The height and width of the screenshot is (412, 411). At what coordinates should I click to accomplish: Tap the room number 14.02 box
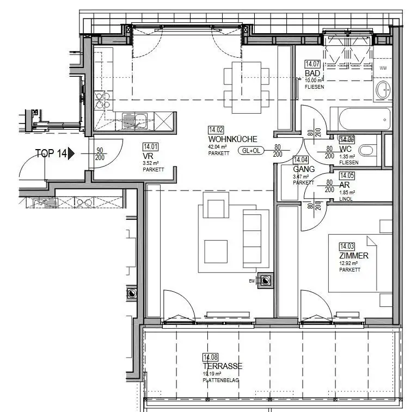point(216,130)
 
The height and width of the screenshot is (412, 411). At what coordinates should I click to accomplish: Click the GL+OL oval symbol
point(251,151)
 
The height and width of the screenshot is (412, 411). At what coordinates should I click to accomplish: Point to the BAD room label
point(312,73)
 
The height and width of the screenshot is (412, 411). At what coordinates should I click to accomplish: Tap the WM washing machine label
point(383,68)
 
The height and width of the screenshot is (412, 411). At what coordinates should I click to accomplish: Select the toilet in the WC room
point(367,151)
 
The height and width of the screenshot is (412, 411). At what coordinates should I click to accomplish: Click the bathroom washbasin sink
point(383,91)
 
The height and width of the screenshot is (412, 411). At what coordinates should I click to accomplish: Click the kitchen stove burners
point(102,100)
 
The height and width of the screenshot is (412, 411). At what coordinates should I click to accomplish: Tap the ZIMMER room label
point(353,256)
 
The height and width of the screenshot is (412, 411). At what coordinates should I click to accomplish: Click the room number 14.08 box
point(210,357)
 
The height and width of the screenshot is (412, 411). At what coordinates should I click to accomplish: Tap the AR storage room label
point(344,185)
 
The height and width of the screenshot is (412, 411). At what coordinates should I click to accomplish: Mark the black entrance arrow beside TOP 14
point(71,153)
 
